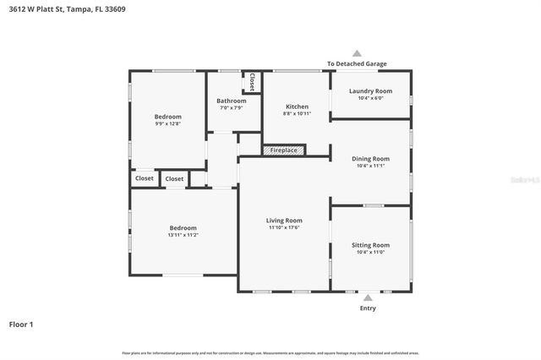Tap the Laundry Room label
tap(370, 90)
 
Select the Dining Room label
tap(370, 158)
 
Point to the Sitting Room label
tap(370, 244)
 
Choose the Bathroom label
tap(231, 101)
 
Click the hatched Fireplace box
tap(283, 150)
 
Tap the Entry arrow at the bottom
tap(368, 297)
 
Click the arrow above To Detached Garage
tap(357, 53)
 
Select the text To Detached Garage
tap(357, 63)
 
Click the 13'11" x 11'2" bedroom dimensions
tap(183, 235)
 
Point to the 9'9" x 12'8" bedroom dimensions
tap(167, 123)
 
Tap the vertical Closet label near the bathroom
tap(252, 82)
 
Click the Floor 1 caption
tap(21, 324)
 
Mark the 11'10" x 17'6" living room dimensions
tap(284, 227)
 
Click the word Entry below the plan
tap(368, 308)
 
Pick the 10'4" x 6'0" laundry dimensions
tap(370, 98)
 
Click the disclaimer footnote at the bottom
tap(270, 352)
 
